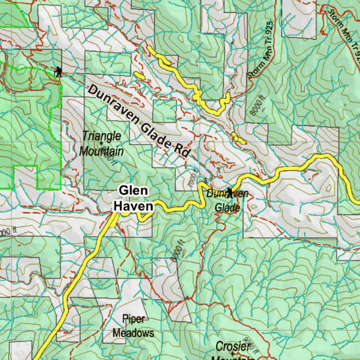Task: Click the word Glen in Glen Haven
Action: coord(133,191)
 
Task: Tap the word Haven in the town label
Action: coord(133,206)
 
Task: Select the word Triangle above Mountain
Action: coord(102,136)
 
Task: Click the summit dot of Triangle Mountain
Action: coord(101,143)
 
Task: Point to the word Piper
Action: coord(133,319)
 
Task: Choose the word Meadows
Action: coord(133,333)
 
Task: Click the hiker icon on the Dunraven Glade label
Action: coord(230,193)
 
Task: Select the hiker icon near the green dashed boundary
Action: coord(58,72)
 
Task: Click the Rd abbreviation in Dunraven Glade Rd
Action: coord(181,150)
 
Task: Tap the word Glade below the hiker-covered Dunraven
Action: coord(227,208)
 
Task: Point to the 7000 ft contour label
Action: coord(192,179)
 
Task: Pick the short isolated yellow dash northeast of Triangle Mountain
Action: coord(139,75)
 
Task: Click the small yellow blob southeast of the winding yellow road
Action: coord(238,138)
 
